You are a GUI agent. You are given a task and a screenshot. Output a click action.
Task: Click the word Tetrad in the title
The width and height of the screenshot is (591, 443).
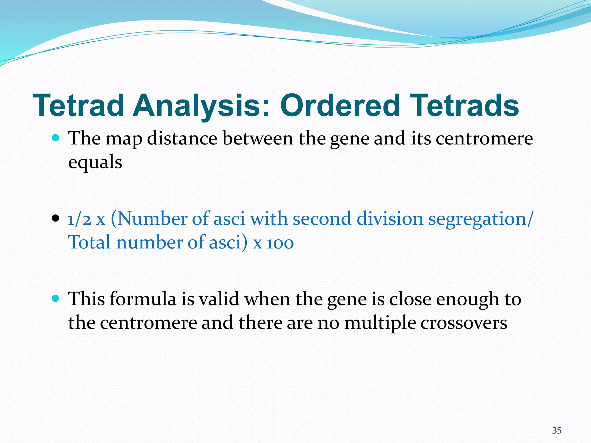[78, 106]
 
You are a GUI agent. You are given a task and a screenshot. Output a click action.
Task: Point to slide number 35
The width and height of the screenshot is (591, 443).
[557, 431]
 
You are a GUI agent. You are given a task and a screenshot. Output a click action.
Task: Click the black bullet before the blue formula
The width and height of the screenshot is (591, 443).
[55, 219]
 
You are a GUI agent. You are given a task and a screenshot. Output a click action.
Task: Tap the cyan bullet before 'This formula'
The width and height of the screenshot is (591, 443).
[55, 299]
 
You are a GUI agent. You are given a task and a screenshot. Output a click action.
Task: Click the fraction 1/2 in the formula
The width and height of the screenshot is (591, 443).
[79, 219]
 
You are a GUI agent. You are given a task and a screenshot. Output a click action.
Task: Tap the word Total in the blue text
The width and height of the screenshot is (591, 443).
[89, 242]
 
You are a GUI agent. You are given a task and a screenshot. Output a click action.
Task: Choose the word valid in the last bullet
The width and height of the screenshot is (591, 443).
[219, 299]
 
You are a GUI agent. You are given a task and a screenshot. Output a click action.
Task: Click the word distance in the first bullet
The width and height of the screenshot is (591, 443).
[182, 138]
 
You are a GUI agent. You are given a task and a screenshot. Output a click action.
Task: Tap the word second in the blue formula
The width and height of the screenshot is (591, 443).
[322, 219]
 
